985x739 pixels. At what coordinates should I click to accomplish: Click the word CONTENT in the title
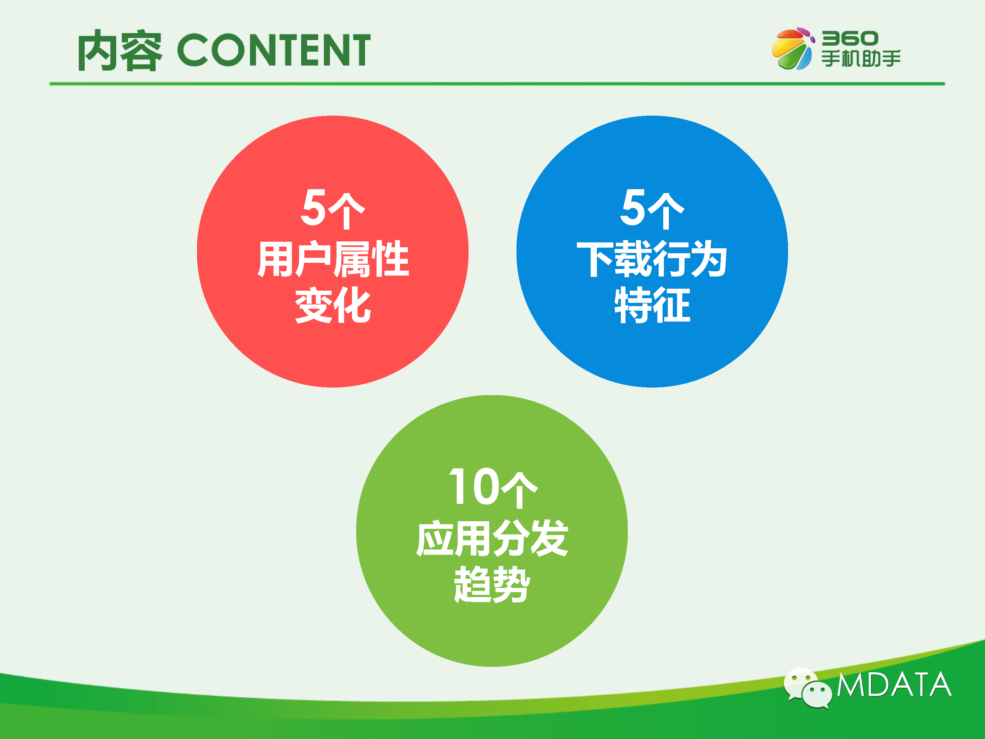(274, 50)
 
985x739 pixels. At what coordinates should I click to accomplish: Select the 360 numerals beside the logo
(850, 38)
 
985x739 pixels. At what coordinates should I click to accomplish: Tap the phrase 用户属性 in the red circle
(333, 259)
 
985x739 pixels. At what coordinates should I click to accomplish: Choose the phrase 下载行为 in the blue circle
(652, 259)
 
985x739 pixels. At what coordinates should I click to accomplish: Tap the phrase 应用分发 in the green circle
(492, 538)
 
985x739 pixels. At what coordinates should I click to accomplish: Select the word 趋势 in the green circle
(492, 584)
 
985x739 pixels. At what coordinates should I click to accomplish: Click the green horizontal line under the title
(497, 83)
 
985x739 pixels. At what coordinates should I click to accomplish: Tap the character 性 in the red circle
(390, 259)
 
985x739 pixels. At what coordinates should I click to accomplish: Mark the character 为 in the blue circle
(709, 259)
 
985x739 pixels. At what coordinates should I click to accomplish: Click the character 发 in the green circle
(550, 538)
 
